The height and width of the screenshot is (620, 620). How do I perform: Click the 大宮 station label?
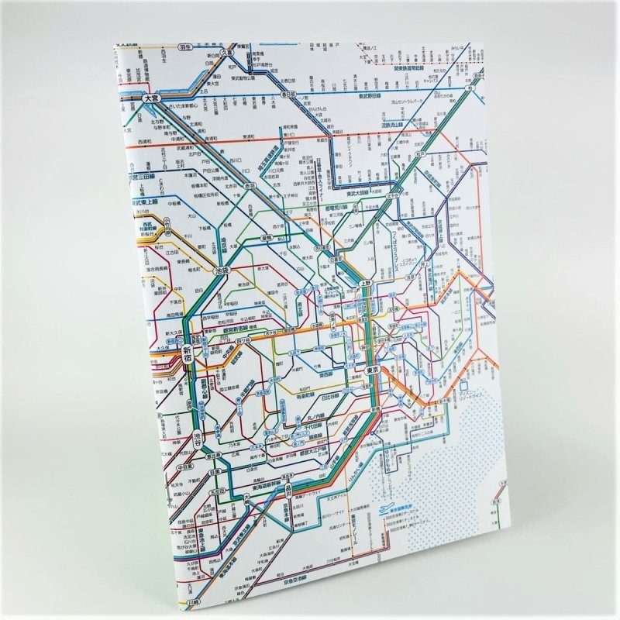point(153,98)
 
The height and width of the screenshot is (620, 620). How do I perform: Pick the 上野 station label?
point(366,284)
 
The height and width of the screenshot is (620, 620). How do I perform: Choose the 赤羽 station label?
point(250,186)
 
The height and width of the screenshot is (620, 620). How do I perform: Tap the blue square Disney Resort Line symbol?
point(463,384)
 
